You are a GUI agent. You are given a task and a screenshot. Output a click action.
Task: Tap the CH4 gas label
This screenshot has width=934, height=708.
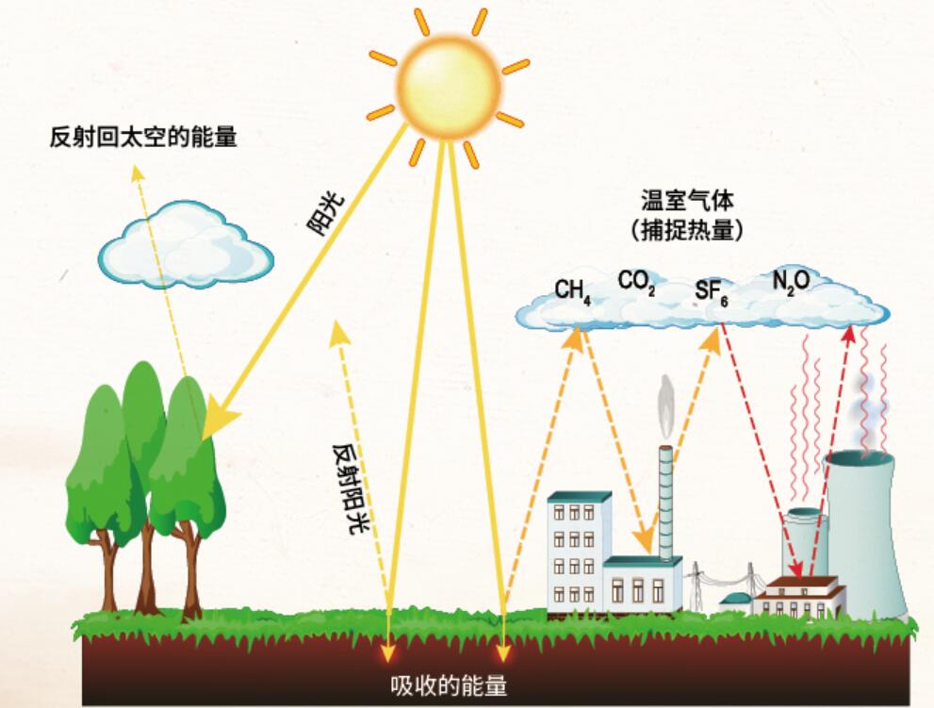point(572,292)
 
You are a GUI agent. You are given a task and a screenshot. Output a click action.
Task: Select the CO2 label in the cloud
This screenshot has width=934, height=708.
point(637,282)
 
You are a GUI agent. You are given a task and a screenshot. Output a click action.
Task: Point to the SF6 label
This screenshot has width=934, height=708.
point(712,292)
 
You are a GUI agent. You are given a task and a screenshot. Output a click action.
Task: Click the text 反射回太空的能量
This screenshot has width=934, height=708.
point(143,137)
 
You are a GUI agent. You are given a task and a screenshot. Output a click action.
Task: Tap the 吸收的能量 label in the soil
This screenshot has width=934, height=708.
point(449,686)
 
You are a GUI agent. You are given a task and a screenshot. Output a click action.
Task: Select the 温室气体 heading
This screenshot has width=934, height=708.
point(687,201)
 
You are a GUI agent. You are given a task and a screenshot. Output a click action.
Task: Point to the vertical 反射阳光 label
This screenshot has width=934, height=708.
point(351,488)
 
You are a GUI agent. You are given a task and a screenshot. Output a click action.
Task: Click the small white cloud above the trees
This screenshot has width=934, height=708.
point(186,243)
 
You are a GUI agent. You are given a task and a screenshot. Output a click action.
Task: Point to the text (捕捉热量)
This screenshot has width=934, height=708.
point(687,231)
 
